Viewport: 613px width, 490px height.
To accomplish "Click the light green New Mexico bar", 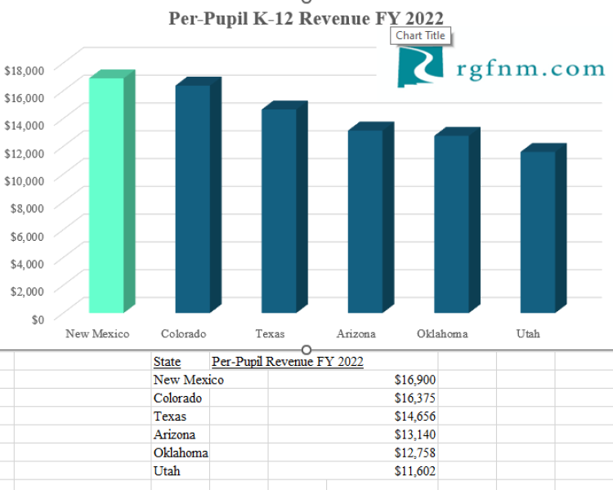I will tap(106, 196).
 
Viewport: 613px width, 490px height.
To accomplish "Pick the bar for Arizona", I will tap(365, 221).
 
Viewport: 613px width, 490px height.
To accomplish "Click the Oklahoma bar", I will tap(451, 224).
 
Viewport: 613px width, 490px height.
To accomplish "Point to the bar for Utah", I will tap(538, 232).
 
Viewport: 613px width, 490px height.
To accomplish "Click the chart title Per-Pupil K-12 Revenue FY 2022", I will tap(306, 18).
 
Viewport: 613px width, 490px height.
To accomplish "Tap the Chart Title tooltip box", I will tap(421, 35).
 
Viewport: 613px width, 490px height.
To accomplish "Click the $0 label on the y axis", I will tap(38, 318).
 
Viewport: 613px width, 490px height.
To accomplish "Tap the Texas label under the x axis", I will tap(270, 333).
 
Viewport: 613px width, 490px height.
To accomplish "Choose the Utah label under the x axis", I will tap(528, 333).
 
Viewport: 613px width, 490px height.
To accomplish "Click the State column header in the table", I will tap(167, 362).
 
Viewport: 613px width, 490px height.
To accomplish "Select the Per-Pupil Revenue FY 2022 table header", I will tap(287, 362).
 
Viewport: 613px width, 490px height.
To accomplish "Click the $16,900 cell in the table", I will tap(416, 380).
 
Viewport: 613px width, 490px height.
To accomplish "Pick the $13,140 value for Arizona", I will tap(416, 434).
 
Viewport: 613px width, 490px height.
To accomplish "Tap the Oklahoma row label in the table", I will tap(181, 452).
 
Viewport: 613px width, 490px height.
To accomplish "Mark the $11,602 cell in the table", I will tap(416, 471).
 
